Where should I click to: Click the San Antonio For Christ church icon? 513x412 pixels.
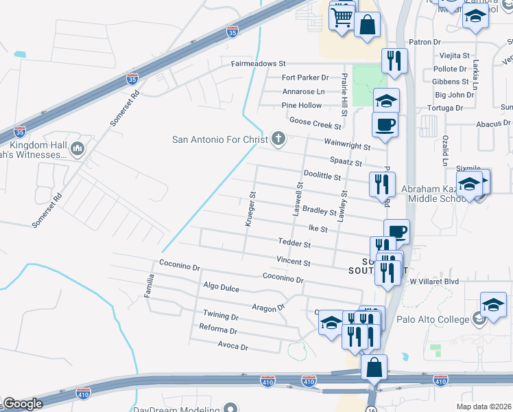click(x=278, y=139)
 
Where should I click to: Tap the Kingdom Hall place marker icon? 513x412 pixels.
click(x=77, y=148)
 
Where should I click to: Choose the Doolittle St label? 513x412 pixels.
click(x=322, y=176)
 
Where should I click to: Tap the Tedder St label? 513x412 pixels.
click(x=295, y=244)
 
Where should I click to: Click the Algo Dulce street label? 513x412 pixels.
click(x=221, y=288)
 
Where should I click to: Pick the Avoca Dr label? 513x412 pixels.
click(x=232, y=346)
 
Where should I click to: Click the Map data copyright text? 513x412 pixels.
click(x=484, y=407)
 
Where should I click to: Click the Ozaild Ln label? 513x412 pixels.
click(x=444, y=148)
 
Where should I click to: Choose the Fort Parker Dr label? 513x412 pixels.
click(x=305, y=78)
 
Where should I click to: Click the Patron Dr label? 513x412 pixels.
click(x=425, y=42)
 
